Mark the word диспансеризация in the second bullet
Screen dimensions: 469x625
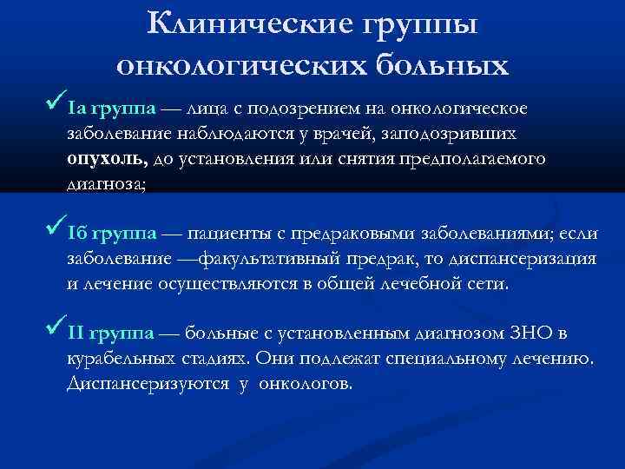click(x=527, y=259)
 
